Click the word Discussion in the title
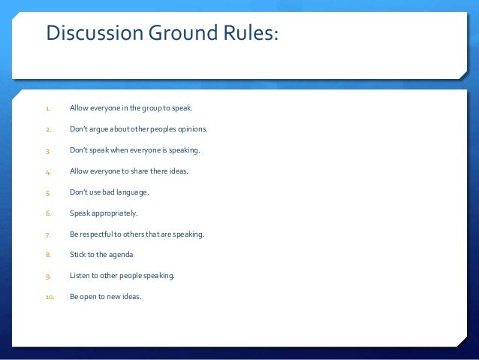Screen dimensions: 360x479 coord(91,34)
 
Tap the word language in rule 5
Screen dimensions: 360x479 coord(131,192)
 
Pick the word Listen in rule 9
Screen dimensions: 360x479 coord(80,275)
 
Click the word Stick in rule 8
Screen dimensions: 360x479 coord(78,255)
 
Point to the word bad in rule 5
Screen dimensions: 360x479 coord(106,192)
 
